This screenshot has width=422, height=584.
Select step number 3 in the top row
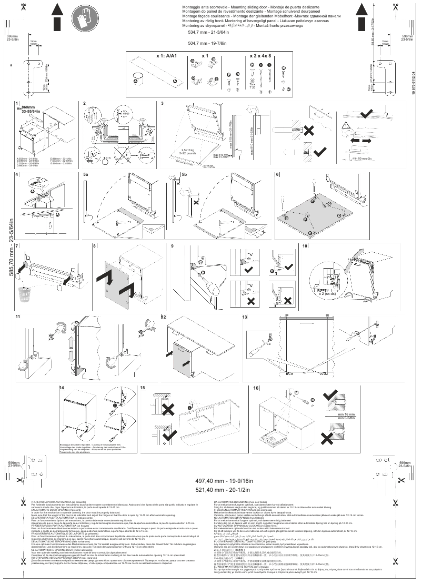tap(163, 104)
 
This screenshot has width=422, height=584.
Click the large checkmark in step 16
tap(333, 396)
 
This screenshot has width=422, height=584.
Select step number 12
tap(164, 318)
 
